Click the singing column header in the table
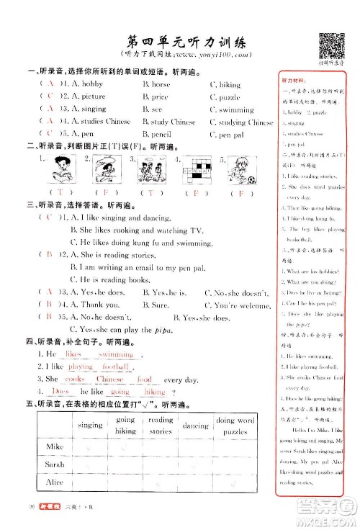click(x=90, y=426)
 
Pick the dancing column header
click(x=196, y=426)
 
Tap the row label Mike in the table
click(x=45, y=447)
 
